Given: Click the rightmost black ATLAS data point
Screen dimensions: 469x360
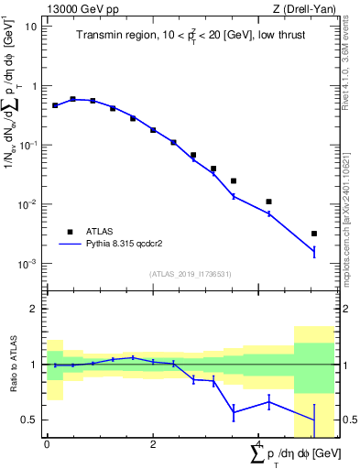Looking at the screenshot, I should pos(314,234).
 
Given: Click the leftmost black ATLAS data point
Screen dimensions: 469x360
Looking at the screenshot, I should pos(55,105).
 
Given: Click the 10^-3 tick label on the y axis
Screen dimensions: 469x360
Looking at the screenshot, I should pos(26,264).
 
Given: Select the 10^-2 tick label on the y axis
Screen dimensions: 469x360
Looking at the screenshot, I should pos(26,204).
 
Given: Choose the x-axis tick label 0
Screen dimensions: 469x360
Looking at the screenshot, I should pos(47,442).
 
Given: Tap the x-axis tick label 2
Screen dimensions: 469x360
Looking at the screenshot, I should pos(153,442).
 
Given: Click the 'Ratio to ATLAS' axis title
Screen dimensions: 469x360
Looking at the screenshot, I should pos(13,365).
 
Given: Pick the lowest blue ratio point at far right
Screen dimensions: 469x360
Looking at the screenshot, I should pos(314,420).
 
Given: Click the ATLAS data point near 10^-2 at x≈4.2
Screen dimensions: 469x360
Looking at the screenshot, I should pos(268,202).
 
